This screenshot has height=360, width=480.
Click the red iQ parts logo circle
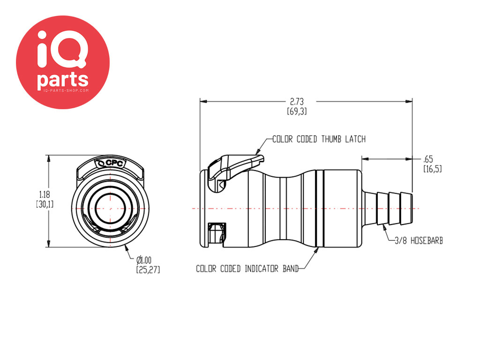click(x=63, y=62)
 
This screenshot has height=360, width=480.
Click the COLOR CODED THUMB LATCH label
click(x=319, y=139)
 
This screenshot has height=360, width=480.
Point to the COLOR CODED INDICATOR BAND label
click(x=247, y=269)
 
